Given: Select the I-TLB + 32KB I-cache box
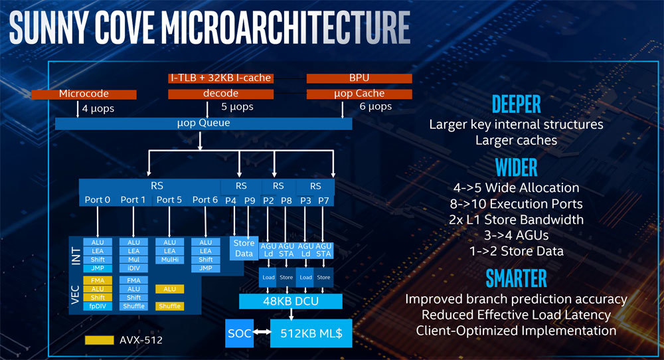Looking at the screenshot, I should [x=220, y=78].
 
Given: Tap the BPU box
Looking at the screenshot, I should [x=359, y=78].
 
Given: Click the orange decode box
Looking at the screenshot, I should [x=220, y=94].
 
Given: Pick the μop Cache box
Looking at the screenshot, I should [x=359, y=94].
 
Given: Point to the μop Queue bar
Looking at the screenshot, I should [x=203, y=124].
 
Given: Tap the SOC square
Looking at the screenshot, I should [x=239, y=333].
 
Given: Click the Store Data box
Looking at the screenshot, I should [x=244, y=248].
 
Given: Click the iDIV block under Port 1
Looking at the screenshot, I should [x=133, y=268].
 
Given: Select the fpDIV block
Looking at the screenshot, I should [x=98, y=306].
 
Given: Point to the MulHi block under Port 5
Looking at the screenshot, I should [x=169, y=260].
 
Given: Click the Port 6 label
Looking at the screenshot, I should [x=205, y=200].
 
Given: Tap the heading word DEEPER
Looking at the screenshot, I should [x=516, y=104].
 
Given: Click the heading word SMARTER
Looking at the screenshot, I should [x=516, y=278].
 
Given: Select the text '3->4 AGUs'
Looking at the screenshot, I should [x=516, y=235].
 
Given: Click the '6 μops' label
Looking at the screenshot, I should [x=375, y=107].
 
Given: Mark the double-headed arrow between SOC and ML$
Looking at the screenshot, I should [x=262, y=333].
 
